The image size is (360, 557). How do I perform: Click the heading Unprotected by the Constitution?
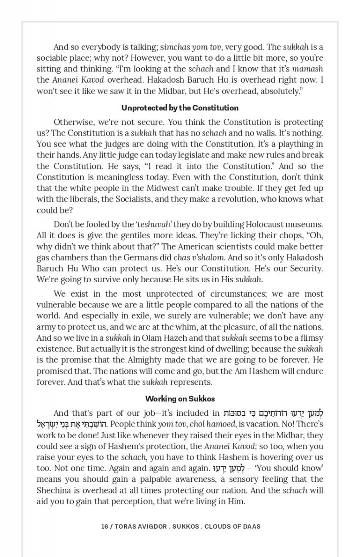(180, 108)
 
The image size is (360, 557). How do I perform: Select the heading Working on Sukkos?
(180, 399)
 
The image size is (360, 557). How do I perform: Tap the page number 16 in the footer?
(104, 526)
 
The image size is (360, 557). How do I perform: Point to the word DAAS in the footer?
(251, 526)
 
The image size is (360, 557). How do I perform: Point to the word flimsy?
(311, 338)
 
